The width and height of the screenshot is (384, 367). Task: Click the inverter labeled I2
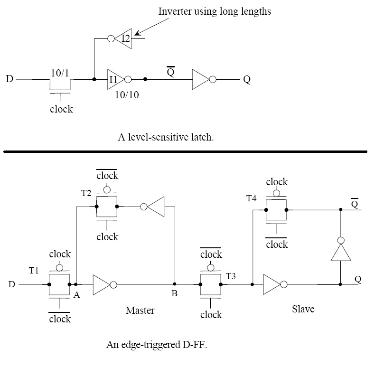coord(122,38)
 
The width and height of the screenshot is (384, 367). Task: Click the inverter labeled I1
coord(118,79)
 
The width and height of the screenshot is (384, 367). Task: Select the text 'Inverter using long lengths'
coord(215,11)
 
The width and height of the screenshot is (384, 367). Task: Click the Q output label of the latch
coord(246,80)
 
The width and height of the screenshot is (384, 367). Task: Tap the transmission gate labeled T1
coord(59,284)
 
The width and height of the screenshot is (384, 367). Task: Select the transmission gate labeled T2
coord(107,207)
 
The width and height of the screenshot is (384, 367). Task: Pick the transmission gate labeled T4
coord(276,209)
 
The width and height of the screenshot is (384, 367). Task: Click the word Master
coord(140,311)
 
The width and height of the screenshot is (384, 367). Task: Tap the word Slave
coord(303,309)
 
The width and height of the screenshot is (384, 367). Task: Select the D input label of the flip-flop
coord(11,285)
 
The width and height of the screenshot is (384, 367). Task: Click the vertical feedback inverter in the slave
coord(341,249)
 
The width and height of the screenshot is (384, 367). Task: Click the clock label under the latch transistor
coord(61,109)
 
